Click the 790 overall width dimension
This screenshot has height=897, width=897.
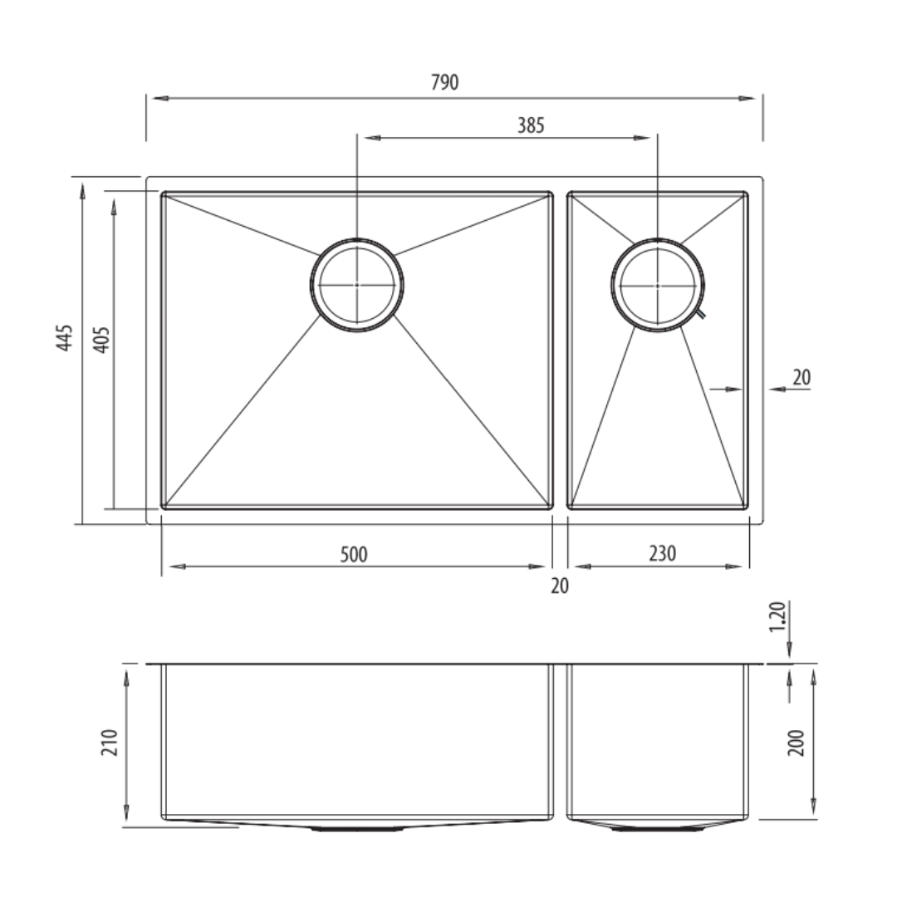(x=444, y=82)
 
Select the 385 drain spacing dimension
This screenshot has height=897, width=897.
(x=531, y=125)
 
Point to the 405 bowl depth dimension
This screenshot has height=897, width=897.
(x=100, y=339)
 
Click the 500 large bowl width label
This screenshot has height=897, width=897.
(x=354, y=554)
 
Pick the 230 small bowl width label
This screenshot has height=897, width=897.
(x=662, y=553)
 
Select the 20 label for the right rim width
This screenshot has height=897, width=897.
(x=801, y=378)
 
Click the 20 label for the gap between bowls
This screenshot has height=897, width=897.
(x=560, y=586)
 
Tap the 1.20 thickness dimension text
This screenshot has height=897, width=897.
(x=777, y=618)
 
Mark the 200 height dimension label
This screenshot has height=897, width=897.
(x=797, y=741)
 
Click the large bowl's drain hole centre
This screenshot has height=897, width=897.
(x=357, y=285)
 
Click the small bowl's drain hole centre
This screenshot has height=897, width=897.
(x=657, y=285)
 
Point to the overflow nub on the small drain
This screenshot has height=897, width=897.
(x=702, y=314)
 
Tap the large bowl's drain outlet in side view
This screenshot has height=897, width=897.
(x=357, y=828)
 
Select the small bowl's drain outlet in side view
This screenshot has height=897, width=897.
(x=657, y=828)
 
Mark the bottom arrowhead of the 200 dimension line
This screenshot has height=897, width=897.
(x=813, y=809)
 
